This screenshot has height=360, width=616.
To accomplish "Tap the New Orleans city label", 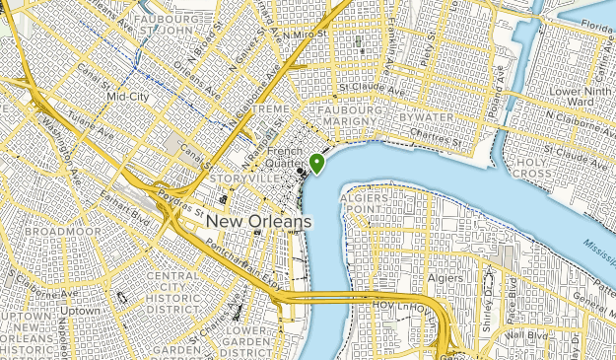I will (259, 222).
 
